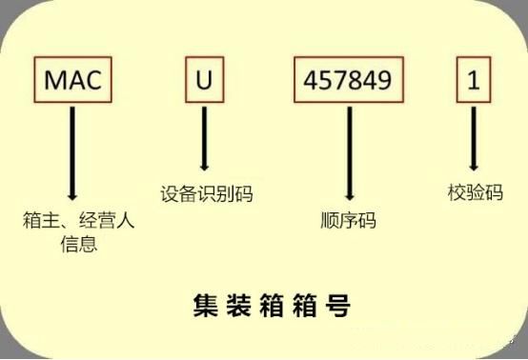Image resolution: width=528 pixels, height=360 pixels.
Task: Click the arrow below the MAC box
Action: pos(72,153)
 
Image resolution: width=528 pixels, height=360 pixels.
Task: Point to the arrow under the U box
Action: pos(204,139)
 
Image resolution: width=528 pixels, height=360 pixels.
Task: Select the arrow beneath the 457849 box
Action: pos(350,153)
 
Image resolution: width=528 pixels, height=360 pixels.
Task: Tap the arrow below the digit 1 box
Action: pos(474,139)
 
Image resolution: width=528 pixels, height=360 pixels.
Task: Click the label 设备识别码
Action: pos(207,193)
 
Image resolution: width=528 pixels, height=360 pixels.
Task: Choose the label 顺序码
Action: pos(348,220)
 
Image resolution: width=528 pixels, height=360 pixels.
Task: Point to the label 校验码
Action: pos(476,192)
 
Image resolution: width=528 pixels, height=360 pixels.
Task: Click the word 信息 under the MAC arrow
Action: pos(79,244)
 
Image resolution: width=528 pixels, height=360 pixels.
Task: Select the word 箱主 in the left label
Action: pos(41,220)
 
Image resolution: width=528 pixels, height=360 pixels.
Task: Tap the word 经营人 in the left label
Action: pos(107,220)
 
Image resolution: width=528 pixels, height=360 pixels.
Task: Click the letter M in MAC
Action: pos(54,80)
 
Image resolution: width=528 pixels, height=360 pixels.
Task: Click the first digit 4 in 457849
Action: pos(311,80)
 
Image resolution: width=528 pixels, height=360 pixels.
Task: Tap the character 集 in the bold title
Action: pos(206,306)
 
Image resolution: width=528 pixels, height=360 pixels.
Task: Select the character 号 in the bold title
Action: pos(337,306)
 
